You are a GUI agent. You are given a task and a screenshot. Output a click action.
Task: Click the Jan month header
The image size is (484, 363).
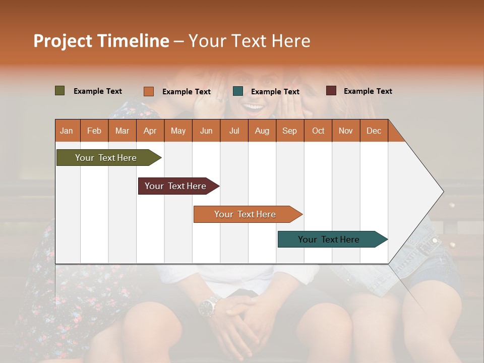pyautogui.click(x=67, y=131)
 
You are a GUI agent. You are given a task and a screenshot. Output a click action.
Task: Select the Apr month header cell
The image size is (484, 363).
pyautogui.click(x=150, y=131)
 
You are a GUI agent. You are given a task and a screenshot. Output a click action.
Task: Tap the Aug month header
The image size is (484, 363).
pyautogui.click(x=262, y=131)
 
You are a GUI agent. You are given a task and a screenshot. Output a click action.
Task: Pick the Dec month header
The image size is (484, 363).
pyautogui.click(x=374, y=131)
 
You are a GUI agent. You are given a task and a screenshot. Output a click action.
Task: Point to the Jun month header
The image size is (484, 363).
pyautogui.click(x=206, y=131)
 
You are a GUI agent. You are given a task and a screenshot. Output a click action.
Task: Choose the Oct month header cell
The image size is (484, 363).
pyautogui.click(x=318, y=131)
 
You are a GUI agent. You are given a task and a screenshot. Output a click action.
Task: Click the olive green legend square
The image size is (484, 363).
pyautogui.click(x=60, y=91)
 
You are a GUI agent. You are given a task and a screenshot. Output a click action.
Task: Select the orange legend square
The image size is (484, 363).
pyautogui.click(x=149, y=91)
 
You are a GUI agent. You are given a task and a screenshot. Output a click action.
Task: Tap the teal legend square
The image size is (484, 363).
pyautogui.click(x=238, y=91)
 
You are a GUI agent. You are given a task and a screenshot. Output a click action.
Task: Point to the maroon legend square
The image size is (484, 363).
pyautogui.click(x=331, y=91)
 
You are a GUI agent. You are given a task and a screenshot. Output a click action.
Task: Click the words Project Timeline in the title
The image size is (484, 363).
pyautogui.click(x=101, y=41)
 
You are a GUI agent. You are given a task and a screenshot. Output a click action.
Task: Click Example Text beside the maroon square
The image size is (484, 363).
pyautogui.click(x=368, y=91)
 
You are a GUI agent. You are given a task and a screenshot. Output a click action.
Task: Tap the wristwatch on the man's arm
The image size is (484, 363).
pyautogui.click(x=208, y=306)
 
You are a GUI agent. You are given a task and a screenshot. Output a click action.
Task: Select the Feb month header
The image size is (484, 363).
pyautogui.click(x=94, y=131)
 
